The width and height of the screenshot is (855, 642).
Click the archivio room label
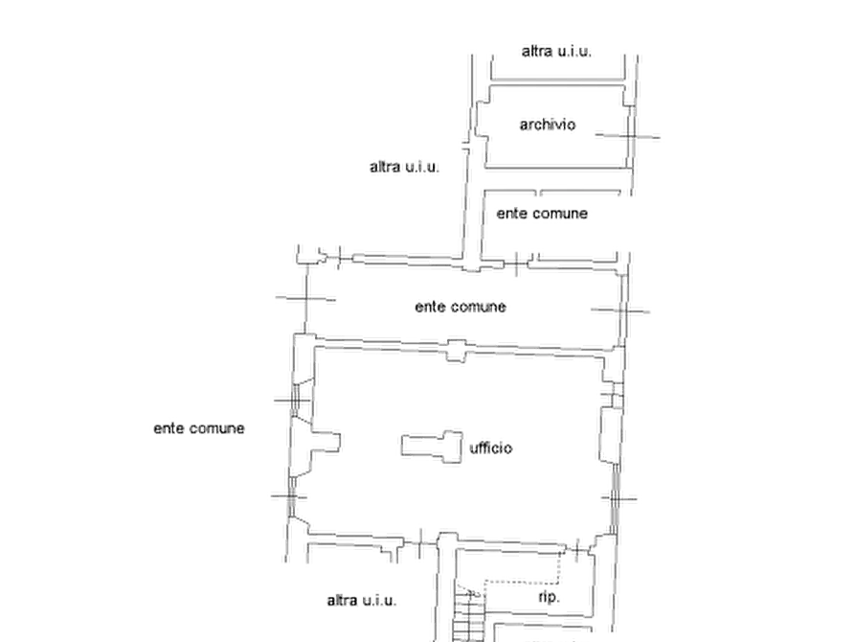pos(547,125)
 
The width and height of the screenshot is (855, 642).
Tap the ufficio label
pos(491,447)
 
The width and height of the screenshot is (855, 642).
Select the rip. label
pos(550,597)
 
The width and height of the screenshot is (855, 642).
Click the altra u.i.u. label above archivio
pos(556,52)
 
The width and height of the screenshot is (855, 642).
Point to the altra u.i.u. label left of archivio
pos(404,167)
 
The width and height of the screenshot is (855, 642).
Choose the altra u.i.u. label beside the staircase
pos(362,601)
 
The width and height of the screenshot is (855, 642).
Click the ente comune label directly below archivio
pos(542,214)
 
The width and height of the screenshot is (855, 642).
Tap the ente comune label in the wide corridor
pos(461,307)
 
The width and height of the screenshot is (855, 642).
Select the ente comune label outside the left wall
pos(199,428)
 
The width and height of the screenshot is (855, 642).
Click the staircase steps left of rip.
pos(468,615)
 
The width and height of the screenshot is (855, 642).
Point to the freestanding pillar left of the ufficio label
pos(433,447)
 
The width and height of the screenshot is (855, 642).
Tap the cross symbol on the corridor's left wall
pos(305,299)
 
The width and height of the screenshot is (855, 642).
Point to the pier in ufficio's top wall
pos(457,351)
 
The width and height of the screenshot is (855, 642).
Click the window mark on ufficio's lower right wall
pos(614,499)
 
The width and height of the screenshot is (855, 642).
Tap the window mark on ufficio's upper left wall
pos(295,401)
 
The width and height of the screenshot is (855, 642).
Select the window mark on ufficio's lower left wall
pos(291,496)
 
